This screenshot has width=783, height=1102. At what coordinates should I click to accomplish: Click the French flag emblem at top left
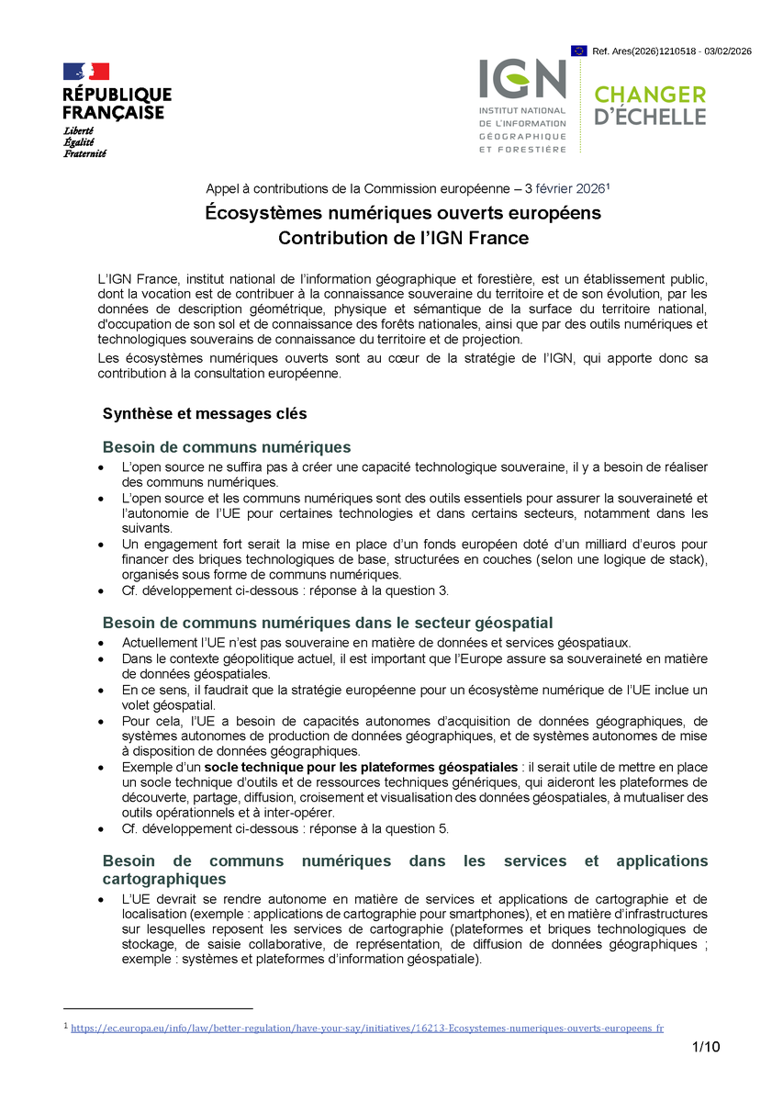point(85,72)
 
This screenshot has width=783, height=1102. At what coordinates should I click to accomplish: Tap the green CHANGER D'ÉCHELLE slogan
point(650,106)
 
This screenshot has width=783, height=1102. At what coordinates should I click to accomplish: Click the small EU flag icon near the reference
point(578,51)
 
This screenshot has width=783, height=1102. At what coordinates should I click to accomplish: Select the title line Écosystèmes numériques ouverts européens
point(402,213)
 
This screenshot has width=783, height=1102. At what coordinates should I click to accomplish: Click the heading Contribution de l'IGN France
point(403,238)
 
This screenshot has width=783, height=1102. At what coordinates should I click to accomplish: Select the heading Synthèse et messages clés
point(205,413)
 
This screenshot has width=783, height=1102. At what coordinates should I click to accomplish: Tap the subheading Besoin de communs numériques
point(227,447)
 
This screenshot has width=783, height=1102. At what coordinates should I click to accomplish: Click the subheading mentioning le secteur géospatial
point(328,623)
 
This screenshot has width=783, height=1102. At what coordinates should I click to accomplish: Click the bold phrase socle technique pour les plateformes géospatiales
point(361,767)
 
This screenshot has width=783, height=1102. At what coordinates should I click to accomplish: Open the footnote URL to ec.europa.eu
point(367,1029)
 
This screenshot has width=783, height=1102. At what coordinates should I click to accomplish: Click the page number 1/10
point(705,1048)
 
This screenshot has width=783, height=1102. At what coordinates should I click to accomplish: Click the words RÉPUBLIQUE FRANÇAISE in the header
point(117,103)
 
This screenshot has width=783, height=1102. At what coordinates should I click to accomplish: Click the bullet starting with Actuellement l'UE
point(376,643)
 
